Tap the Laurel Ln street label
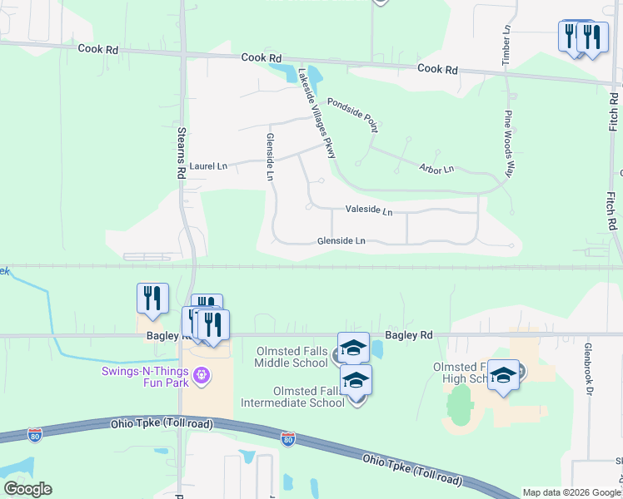[x=208, y=166]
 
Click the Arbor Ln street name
[x=436, y=169]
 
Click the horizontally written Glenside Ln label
[x=341, y=241]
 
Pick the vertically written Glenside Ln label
[x=269, y=156]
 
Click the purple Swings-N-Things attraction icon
[x=201, y=378]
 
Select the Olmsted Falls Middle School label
[x=291, y=357]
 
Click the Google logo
[x=27, y=489]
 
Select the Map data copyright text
[x=571, y=492]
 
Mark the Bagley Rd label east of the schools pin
[x=414, y=335]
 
